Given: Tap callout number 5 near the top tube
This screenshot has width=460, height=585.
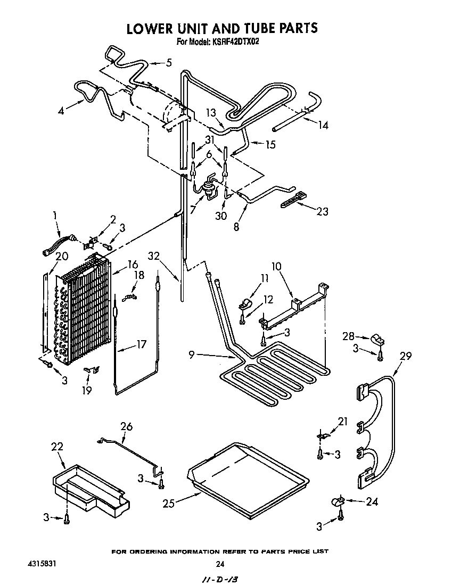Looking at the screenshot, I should coord(169,63).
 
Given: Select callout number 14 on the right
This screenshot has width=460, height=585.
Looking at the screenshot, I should coord(323,125).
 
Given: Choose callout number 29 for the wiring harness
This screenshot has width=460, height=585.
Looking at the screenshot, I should coord(405,356).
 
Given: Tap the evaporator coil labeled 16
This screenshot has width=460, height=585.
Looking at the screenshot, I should coord(85,309).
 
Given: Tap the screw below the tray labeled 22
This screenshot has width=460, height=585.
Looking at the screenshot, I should coord(67,518).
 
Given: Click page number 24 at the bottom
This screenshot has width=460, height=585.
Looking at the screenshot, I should coord(219,564).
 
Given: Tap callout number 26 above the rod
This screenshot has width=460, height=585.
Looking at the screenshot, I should coord(126,426).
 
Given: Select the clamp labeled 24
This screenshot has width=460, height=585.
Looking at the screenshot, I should coord(337,500).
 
